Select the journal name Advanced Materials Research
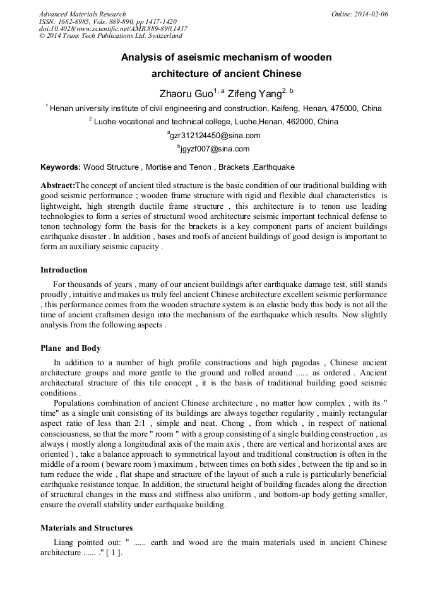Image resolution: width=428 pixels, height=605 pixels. pyautogui.click(x=82, y=14)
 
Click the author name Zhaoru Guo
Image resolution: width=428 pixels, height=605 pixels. pyautogui.click(x=186, y=94)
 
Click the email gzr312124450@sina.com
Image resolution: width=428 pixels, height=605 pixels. pyautogui.click(x=215, y=136)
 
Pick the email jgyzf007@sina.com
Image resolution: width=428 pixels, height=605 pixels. pyautogui.click(x=215, y=150)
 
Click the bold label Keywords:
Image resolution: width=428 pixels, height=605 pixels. pyautogui.click(x=61, y=167)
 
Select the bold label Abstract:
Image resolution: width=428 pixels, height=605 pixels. pyautogui.click(x=57, y=185)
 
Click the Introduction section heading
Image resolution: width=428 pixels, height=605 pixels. pyautogui.click(x=64, y=270)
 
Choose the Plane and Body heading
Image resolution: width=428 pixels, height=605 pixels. pyautogui.click(x=70, y=348)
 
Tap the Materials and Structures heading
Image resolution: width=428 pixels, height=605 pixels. pyautogui.click(x=86, y=527)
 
